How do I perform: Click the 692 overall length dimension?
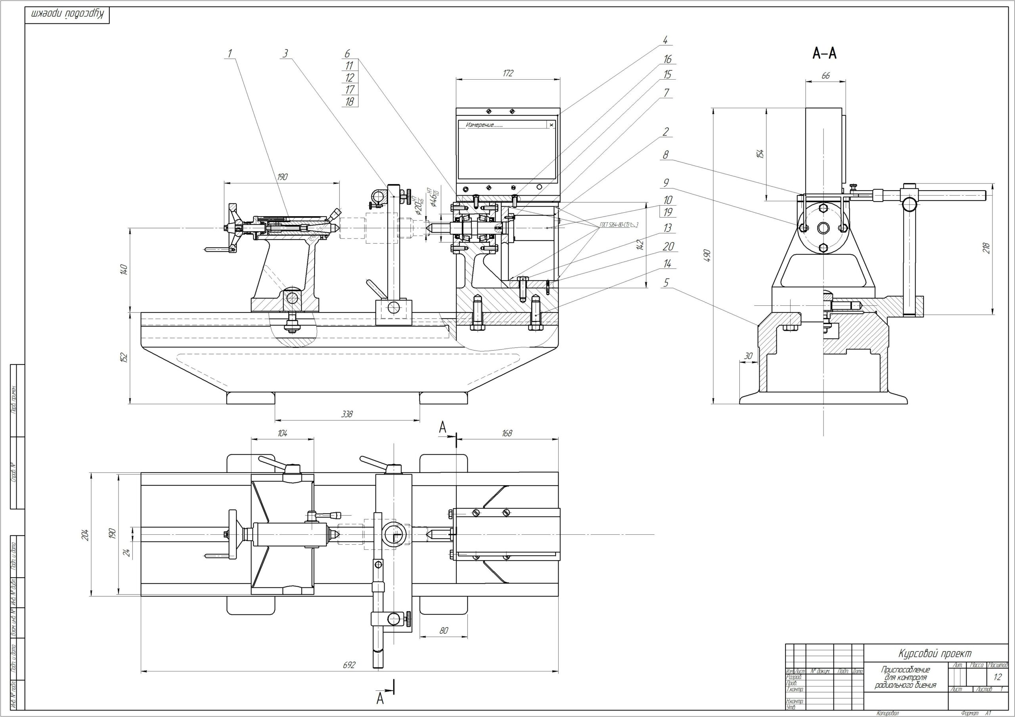click(349, 665)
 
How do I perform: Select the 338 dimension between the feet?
click(347, 414)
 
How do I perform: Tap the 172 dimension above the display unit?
click(508, 73)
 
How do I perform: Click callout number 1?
click(230, 53)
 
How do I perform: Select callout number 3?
click(285, 53)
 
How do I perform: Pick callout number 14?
click(667, 264)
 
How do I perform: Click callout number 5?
click(666, 283)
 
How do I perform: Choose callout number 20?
click(668, 246)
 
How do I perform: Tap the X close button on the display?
click(551, 125)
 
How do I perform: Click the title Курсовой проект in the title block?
click(934, 666)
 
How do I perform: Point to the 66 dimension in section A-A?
click(825, 76)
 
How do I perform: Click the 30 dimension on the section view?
click(748, 356)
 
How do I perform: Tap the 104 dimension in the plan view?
click(282, 433)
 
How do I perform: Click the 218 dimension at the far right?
click(986, 248)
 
